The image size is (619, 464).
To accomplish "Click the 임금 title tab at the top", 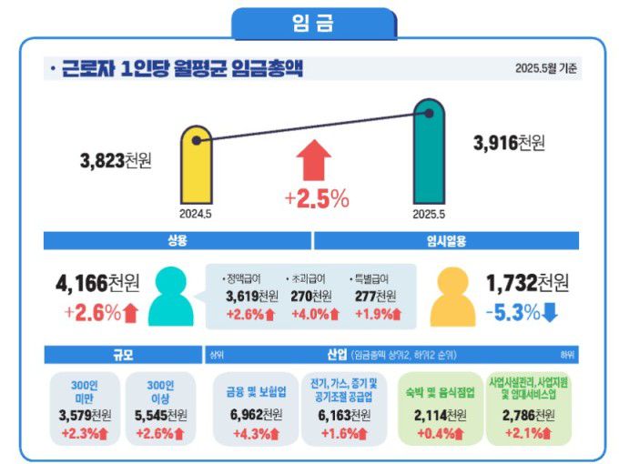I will pyautogui.click(x=313, y=23).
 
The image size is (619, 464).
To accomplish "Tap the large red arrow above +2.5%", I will pyautogui.click(x=314, y=162).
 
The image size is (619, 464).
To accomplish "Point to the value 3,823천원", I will pyautogui.click(x=116, y=161).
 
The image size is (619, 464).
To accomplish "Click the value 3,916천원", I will pyautogui.click(x=509, y=143).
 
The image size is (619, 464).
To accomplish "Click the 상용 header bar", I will pyautogui.click(x=177, y=241).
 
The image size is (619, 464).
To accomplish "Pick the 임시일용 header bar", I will pyautogui.click(x=446, y=241).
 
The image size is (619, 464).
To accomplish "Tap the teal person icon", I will pyautogui.click(x=170, y=297).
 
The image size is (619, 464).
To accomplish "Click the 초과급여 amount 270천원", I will pyautogui.click(x=312, y=296).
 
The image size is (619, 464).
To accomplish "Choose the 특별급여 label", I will pyautogui.click(x=370, y=278).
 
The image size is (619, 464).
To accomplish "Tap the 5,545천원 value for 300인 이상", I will pyautogui.click(x=160, y=415).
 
